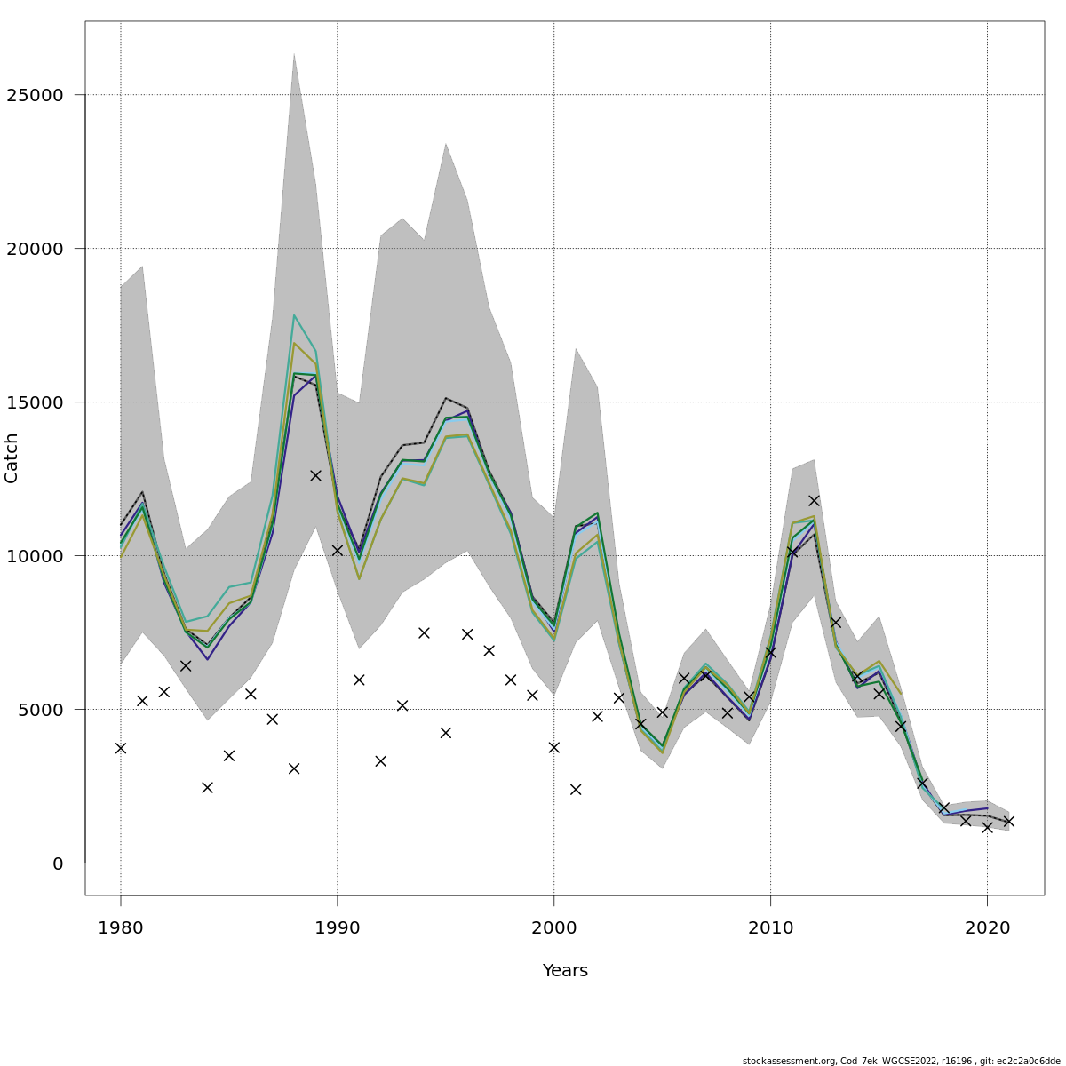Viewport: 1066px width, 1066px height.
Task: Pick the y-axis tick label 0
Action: tap(59, 863)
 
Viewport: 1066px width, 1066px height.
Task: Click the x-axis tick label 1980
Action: tap(121, 928)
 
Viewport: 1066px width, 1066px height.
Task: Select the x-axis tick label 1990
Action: tap(338, 928)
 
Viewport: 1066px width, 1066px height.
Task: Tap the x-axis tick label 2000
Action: tap(554, 928)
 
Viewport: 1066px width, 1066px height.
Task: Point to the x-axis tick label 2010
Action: tap(770, 928)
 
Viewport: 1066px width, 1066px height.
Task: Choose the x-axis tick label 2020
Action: tap(987, 928)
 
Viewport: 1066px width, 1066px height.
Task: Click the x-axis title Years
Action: tap(565, 971)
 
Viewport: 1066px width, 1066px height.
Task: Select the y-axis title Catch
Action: tap(12, 458)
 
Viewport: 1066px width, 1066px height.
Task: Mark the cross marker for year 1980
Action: tap(121, 748)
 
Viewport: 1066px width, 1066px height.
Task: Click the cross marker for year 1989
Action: tap(315, 475)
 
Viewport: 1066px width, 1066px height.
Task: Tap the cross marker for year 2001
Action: tap(576, 789)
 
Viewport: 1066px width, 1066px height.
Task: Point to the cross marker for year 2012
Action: tap(814, 500)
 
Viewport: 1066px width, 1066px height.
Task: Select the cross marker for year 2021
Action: tap(1008, 821)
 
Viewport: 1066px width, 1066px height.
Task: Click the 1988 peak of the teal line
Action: tap(294, 315)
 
